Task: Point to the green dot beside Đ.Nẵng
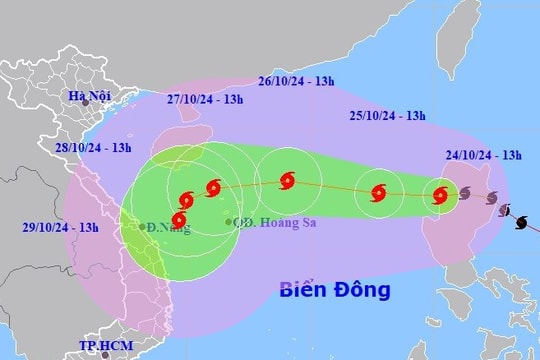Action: coord(142,225)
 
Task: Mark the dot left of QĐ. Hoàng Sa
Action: coord(228,221)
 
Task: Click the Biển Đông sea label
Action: coord(335,290)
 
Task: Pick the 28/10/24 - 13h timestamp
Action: coord(94,147)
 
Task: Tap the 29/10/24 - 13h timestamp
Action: coord(60,228)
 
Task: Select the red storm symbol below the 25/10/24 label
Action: coord(379,193)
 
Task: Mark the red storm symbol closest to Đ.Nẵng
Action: coord(179,220)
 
